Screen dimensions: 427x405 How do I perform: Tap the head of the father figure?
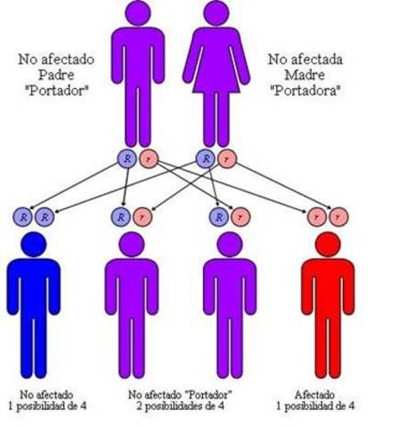tap(138, 12)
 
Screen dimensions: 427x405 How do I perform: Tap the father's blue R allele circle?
tap(126, 159)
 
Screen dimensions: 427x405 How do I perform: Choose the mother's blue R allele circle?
tap(207, 159)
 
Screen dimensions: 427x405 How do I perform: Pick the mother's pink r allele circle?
tap(228, 159)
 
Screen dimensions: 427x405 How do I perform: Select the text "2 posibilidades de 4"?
tap(182, 406)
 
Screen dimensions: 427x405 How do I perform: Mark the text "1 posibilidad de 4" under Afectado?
tap(324, 406)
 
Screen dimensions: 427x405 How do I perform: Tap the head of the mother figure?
tap(216, 12)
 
